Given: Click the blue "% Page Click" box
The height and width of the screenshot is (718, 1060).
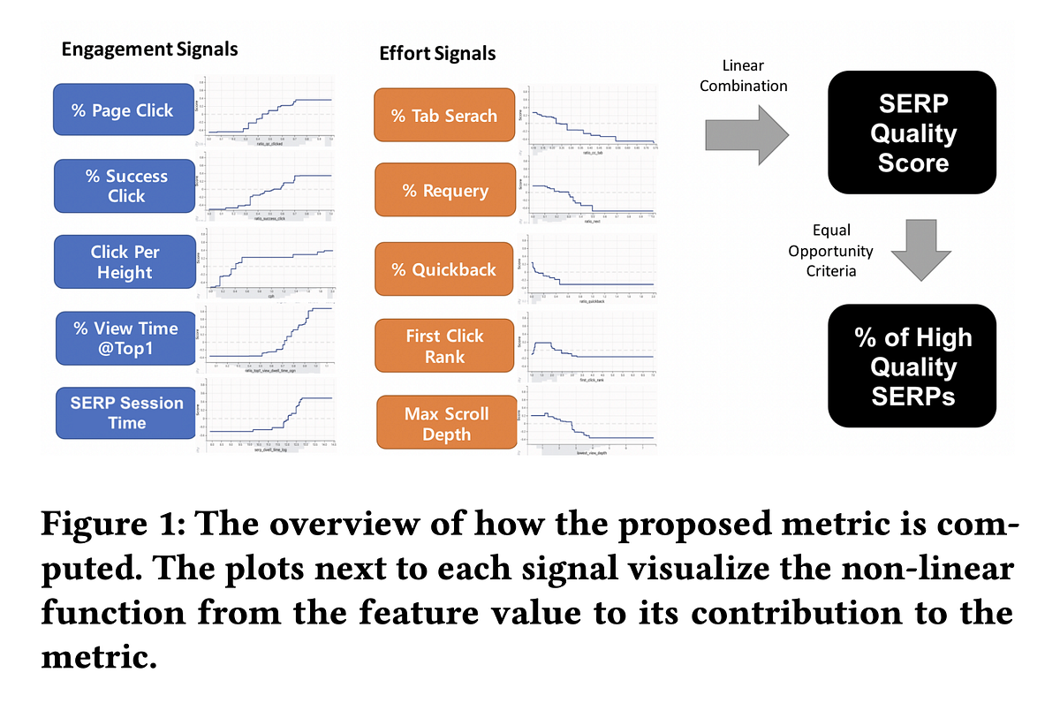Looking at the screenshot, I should click(x=123, y=111).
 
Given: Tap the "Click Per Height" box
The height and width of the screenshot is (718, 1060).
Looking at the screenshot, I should click(x=124, y=262).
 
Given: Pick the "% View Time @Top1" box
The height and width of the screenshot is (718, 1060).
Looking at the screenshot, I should click(x=125, y=338).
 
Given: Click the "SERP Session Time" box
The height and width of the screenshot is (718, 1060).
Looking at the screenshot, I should click(x=126, y=412).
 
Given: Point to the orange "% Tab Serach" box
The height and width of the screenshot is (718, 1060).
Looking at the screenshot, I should click(x=444, y=116).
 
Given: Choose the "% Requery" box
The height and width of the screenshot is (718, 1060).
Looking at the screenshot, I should click(x=444, y=191).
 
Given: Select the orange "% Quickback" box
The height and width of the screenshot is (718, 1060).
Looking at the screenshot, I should click(x=444, y=269).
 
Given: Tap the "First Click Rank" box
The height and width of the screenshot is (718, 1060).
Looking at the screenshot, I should click(x=444, y=346).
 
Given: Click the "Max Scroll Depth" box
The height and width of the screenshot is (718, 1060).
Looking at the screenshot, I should click(x=446, y=424).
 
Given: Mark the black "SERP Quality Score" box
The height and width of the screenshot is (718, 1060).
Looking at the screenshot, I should click(x=912, y=133).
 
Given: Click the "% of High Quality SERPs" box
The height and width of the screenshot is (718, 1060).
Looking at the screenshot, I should click(x=912, y=367).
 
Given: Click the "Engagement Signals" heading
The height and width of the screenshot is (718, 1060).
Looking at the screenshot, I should click(x=149, y=49).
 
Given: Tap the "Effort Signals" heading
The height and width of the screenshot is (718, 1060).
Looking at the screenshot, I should click(x=437, y=53).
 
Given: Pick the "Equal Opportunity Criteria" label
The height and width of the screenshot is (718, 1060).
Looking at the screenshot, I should click(x=830, y=251).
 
